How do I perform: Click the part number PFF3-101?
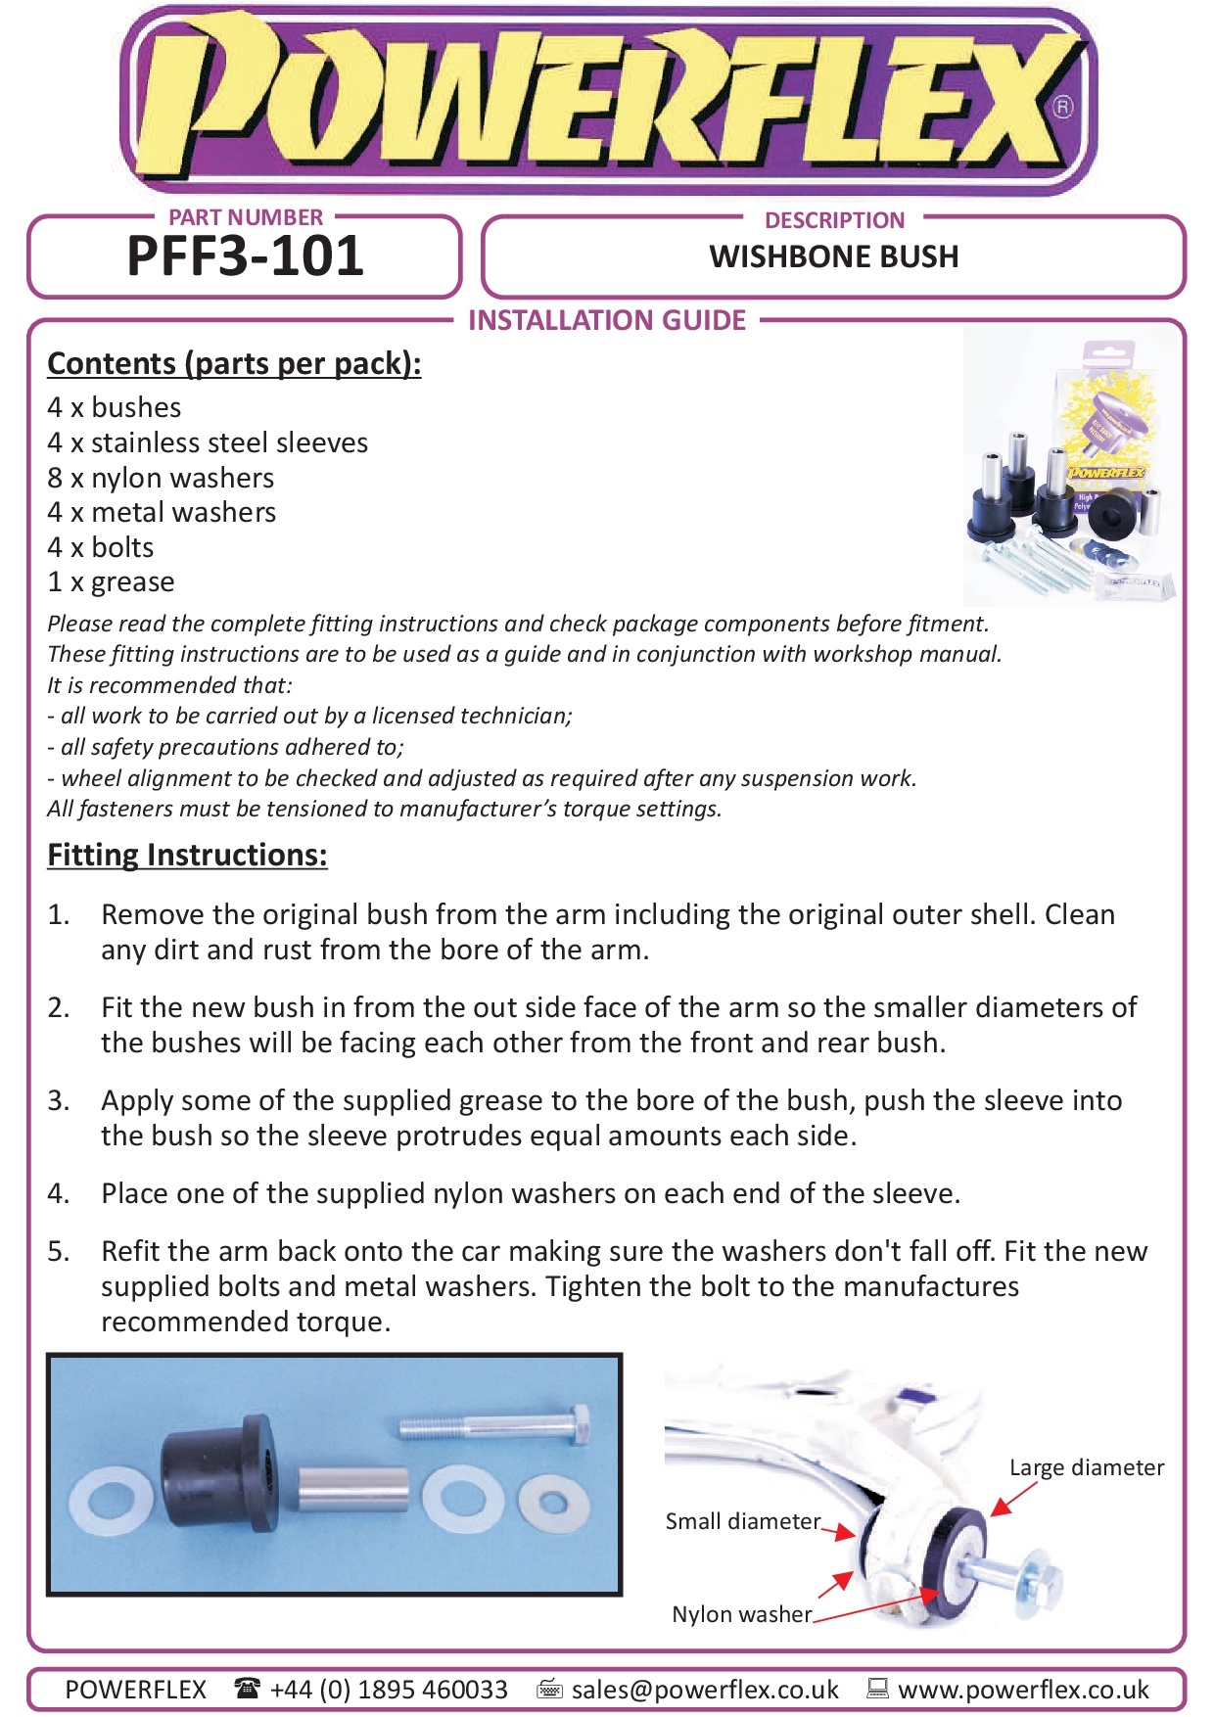point(245,256)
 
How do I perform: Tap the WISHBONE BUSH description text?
point(833,256)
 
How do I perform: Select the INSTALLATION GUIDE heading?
point(607,320)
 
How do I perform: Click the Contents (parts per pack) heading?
point(234,363)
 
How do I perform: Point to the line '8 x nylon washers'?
point(161,478)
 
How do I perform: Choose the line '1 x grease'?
point(111,581)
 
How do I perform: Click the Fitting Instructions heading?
point(187,855)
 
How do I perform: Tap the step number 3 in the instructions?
point(59,1100)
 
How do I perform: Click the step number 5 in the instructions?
point(59,1251)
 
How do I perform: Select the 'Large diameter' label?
point(1087,1467)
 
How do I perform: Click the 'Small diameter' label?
point(742,1521)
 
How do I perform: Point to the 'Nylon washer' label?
point(741,1614)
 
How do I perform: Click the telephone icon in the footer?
point(248,1688)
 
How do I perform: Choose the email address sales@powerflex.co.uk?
point(705,1690)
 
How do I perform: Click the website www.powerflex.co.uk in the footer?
point(1023,1690)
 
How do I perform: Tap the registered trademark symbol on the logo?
point(1062,107)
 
